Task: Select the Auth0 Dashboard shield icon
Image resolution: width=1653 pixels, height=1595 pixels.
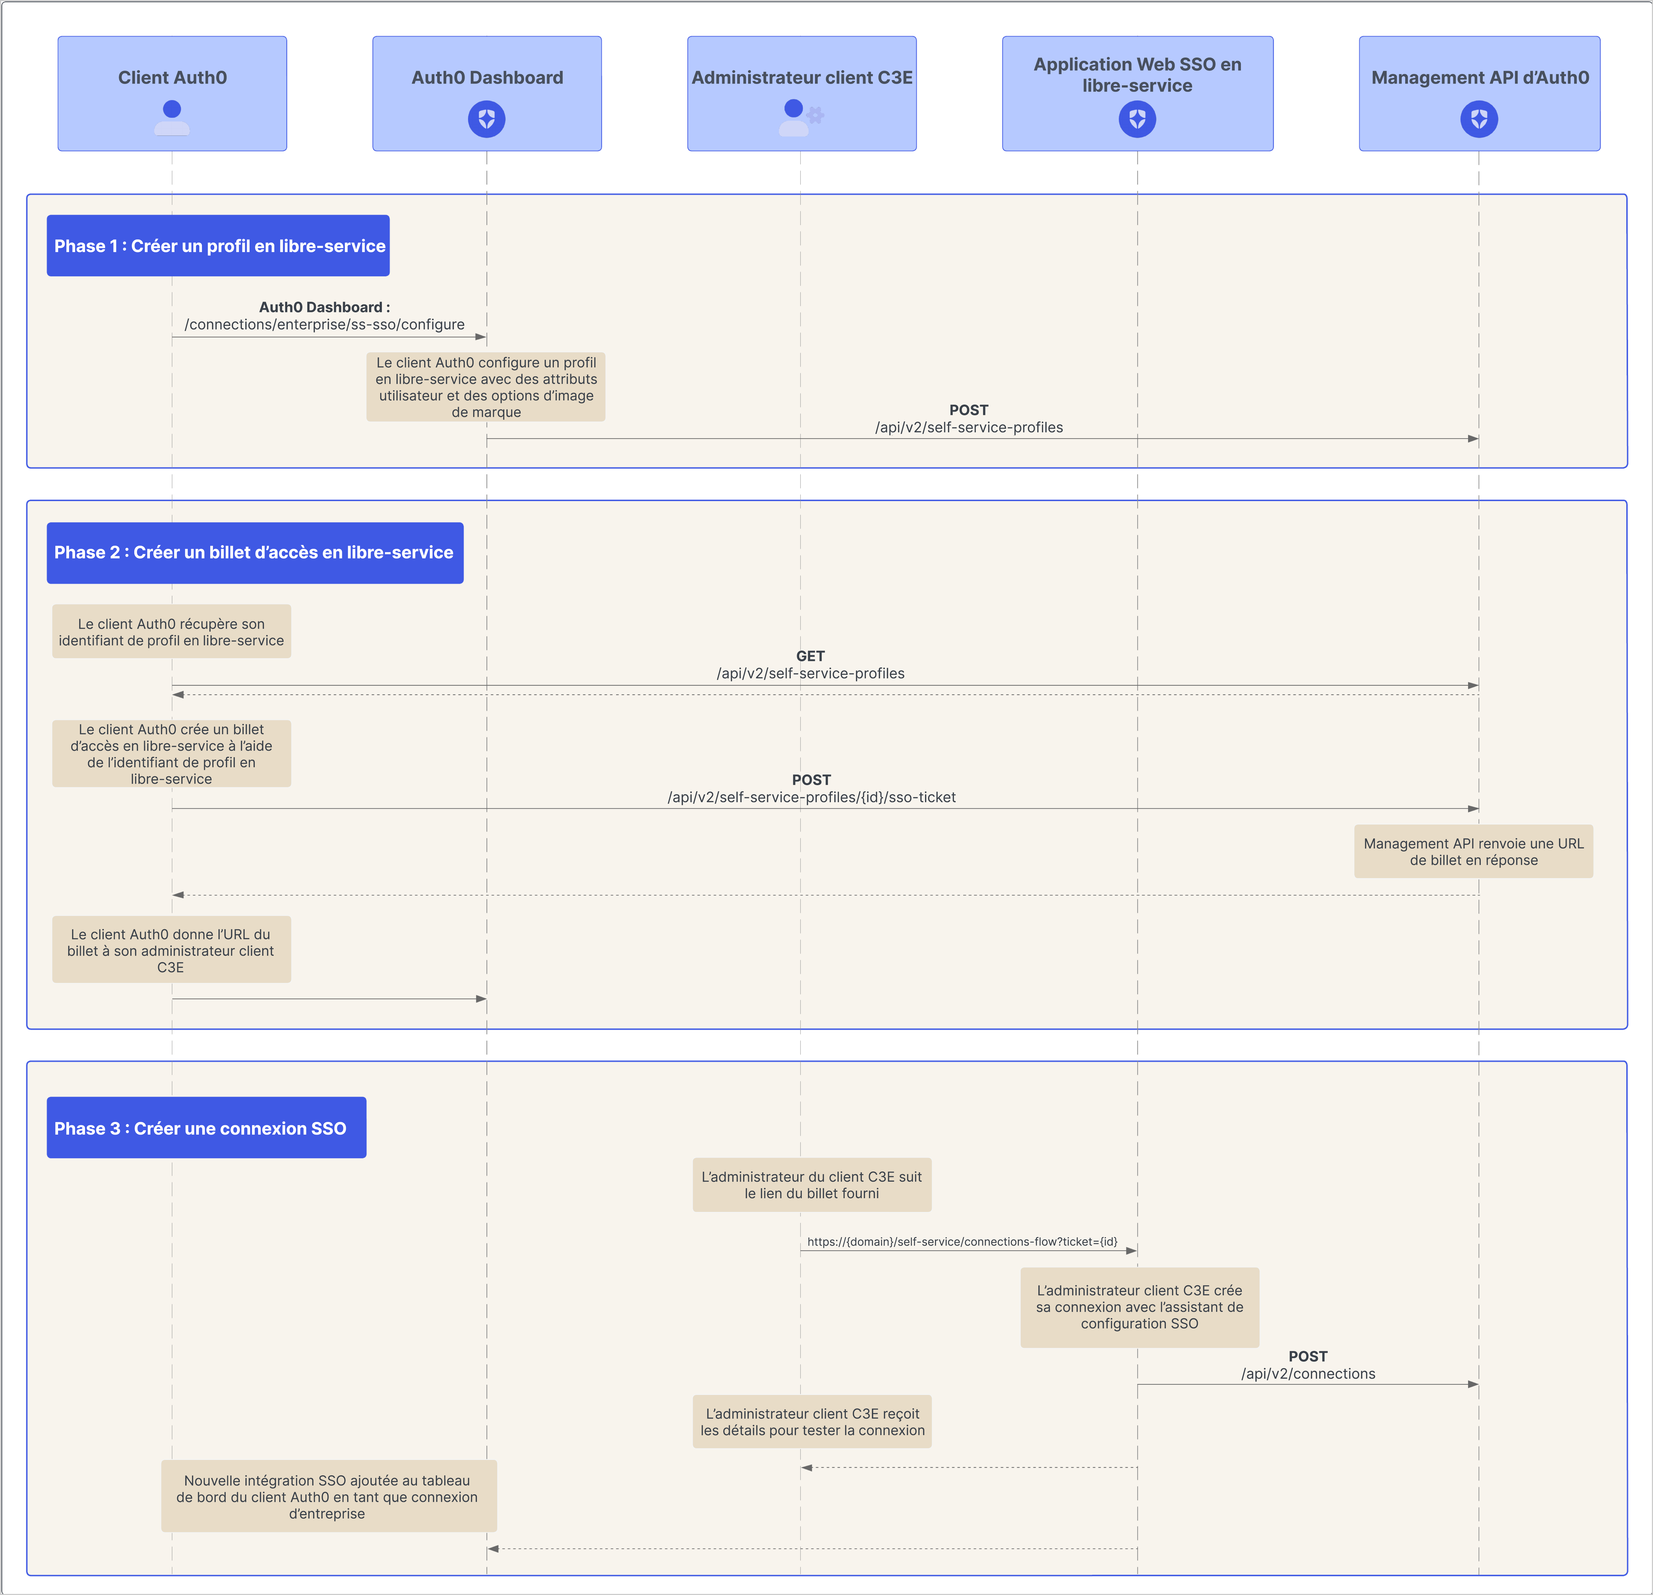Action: click(487, 119)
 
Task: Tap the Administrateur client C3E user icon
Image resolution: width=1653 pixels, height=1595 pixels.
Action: click(793, 117)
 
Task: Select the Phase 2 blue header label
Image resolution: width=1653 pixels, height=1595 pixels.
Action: click(255, 553)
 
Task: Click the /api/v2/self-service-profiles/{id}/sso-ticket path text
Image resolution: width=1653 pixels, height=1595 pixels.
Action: click(811, 797)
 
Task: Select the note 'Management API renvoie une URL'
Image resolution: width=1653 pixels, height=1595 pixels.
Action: click(1473, 851)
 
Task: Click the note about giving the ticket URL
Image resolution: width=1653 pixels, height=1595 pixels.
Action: click(171, 950)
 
